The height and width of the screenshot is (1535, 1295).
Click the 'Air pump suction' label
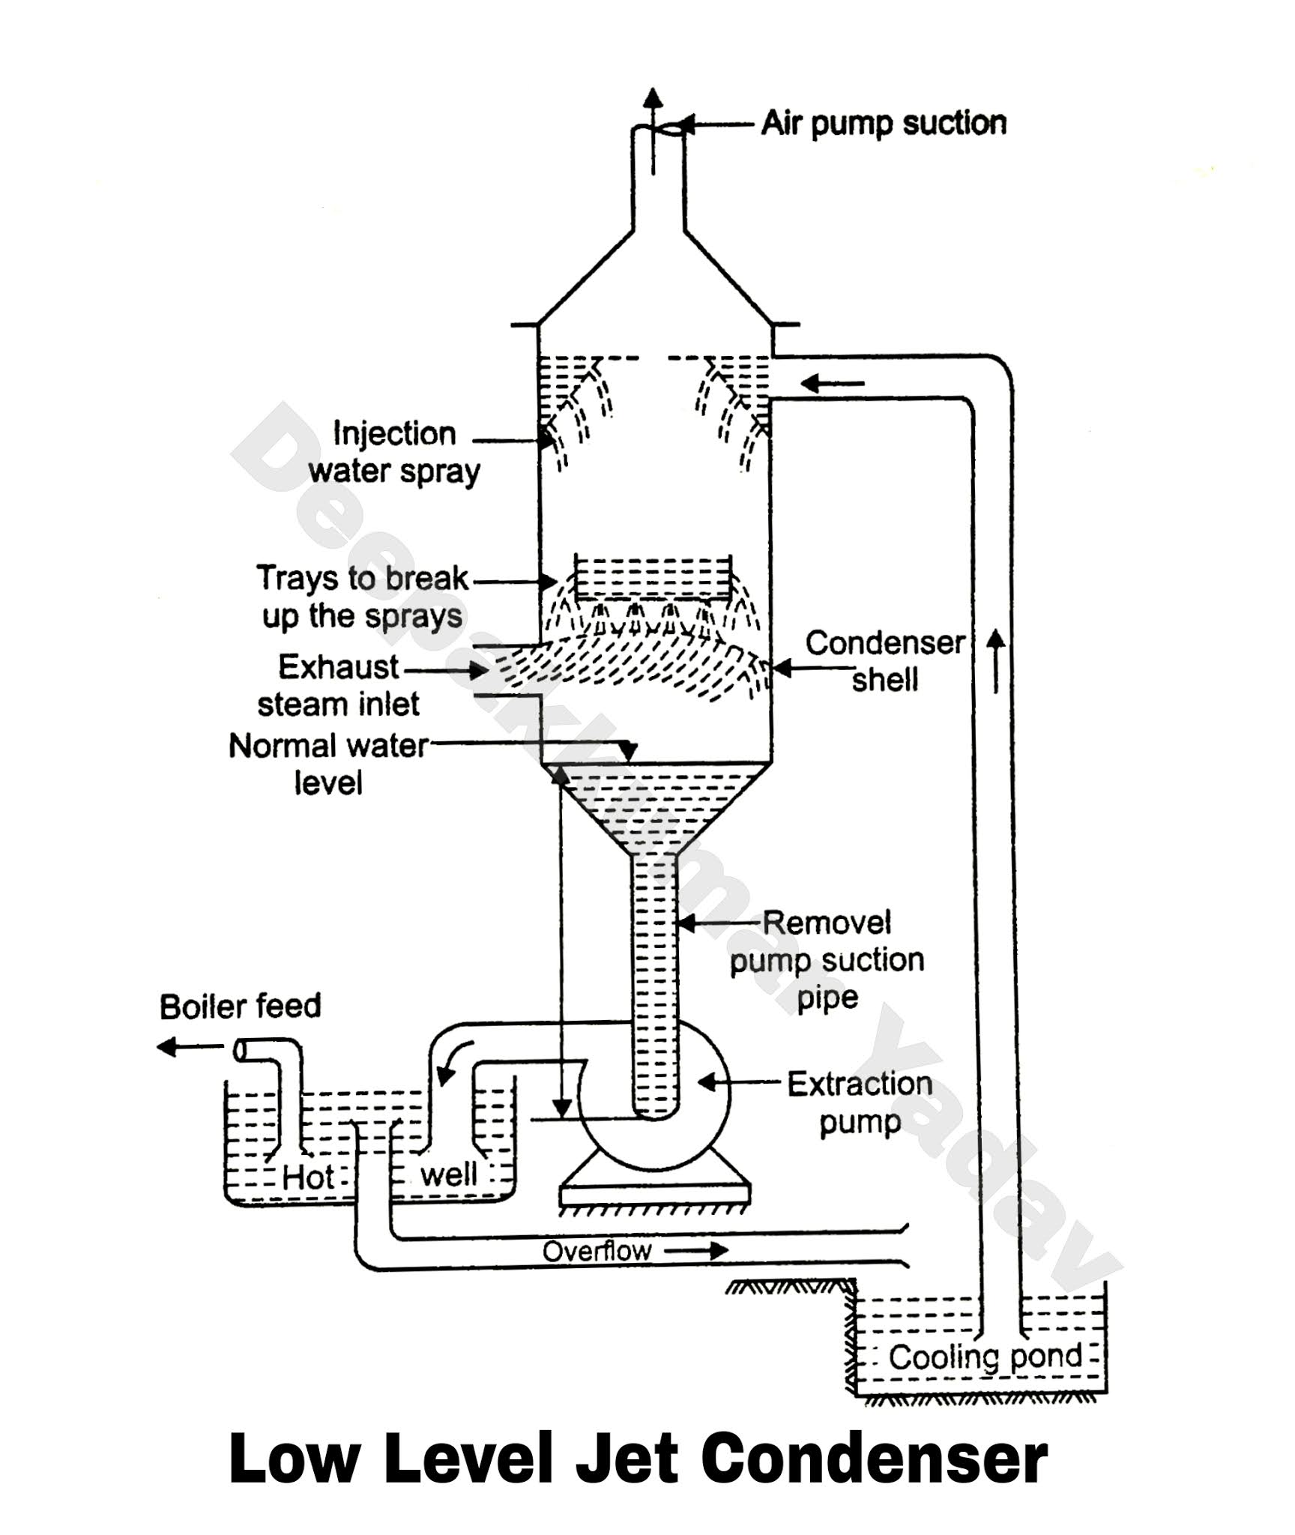point(884,124)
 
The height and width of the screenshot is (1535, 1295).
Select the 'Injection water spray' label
point(394,453)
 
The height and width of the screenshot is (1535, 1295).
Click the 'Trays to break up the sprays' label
point(363,597)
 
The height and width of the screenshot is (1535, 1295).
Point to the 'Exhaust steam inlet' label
point(338,685)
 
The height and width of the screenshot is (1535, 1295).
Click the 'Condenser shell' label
point(885,661)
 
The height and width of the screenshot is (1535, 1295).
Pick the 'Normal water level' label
point(328,765)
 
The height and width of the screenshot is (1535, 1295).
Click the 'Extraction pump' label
point(860,1103)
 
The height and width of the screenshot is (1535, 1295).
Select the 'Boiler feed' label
point(240,1007)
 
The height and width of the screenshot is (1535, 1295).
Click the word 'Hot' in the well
point(308,1177)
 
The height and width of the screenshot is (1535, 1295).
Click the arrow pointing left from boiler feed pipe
point(190,1047)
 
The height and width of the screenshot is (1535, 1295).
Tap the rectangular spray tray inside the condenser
point(653,577)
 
